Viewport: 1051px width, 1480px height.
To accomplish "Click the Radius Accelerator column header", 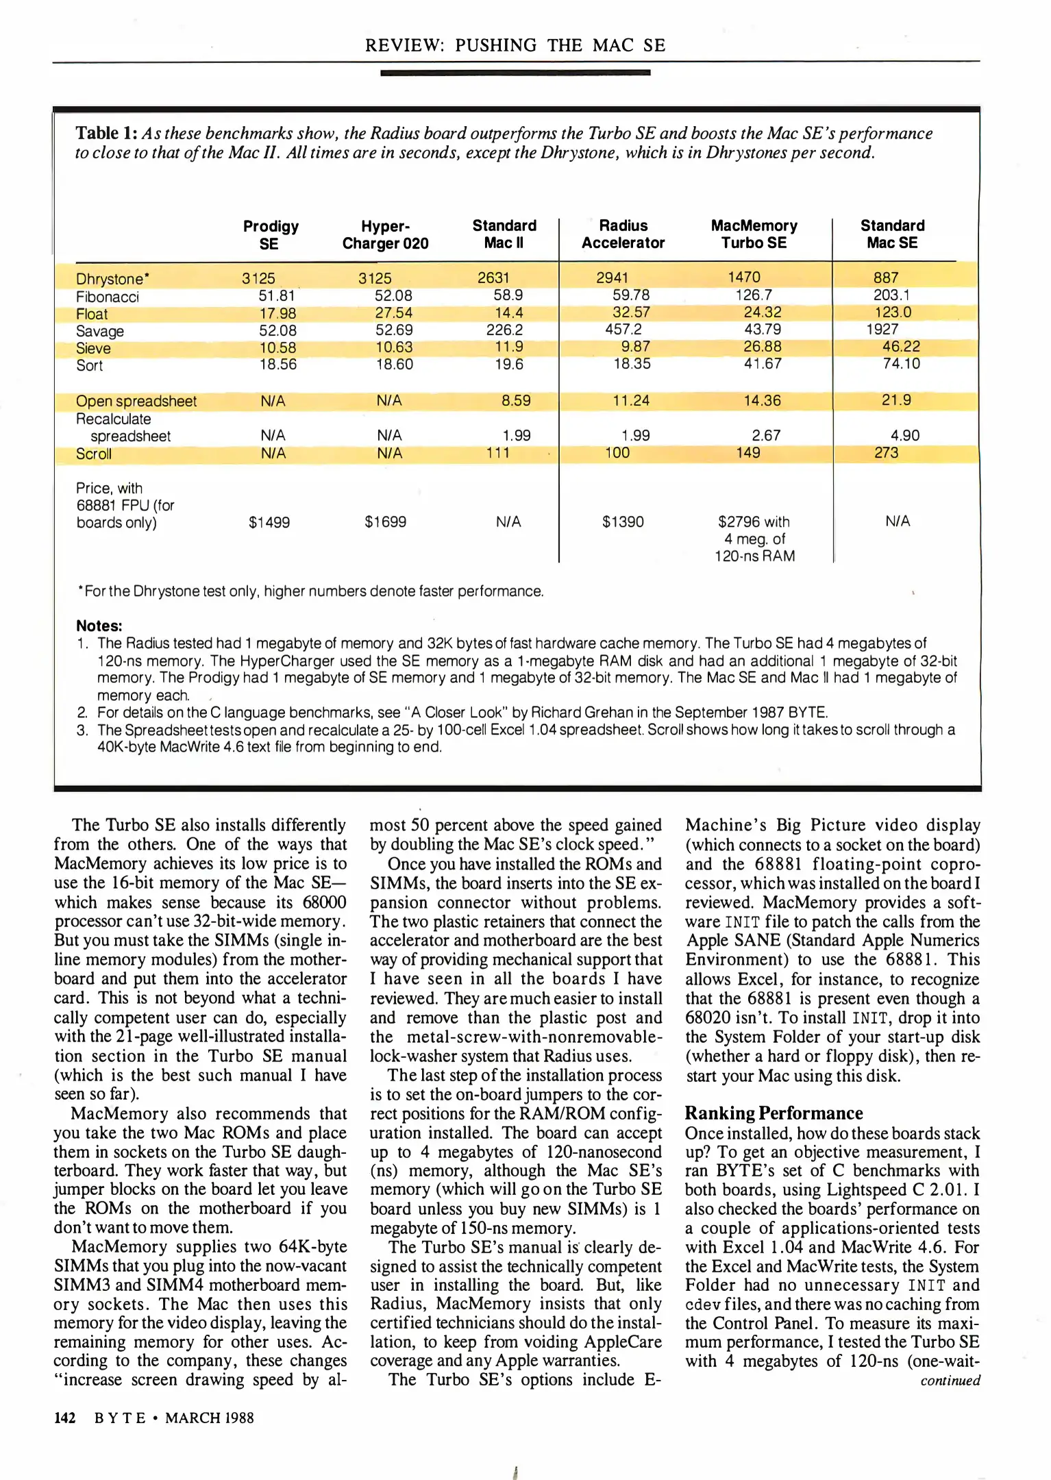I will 623,234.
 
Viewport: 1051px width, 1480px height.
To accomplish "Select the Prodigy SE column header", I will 271,235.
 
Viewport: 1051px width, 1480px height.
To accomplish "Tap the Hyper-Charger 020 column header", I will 385,235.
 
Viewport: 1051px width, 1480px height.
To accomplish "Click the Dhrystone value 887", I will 885,277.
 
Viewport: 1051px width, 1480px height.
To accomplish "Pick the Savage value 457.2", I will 623,330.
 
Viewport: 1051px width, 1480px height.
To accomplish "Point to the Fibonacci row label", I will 107,297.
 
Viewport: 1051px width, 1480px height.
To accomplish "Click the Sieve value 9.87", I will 635,347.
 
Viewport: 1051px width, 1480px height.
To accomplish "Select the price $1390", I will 623,522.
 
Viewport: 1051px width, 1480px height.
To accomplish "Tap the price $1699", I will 385,522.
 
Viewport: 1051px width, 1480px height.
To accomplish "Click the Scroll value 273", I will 885,452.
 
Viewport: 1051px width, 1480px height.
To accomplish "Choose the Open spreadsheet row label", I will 136,402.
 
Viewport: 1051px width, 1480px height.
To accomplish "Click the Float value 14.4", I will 508,312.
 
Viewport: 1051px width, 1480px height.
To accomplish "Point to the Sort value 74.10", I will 900,364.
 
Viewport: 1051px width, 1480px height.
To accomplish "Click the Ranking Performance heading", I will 774,1113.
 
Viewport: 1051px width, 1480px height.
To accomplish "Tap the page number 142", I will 64,1418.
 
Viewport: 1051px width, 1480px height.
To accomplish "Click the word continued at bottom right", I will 950,1380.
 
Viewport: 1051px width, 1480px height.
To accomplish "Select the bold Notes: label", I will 99,626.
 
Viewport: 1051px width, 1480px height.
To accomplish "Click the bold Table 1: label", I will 107,133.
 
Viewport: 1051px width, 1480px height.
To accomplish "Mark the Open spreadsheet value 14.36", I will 762,401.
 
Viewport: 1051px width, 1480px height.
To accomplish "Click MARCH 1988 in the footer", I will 209,1418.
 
